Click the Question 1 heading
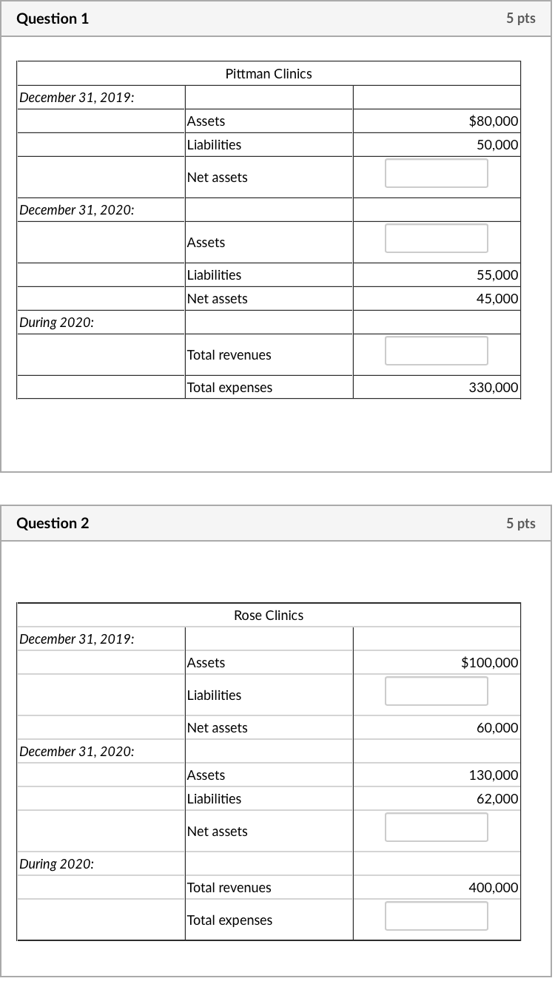point(53,19)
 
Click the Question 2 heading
point(53,524)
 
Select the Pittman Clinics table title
point(269,74)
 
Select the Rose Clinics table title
point(269,616)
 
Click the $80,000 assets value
point(494,121)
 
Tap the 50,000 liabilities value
point(497,145)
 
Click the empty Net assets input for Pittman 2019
point(437,173)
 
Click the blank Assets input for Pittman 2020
point(437,238)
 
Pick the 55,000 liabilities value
point(497,275)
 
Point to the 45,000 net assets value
point(497,299)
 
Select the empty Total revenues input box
point(437,351)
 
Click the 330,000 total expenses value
point(494,388)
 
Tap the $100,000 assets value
point(490,663)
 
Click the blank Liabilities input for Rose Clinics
point(437,691)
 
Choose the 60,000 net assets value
point(497,728)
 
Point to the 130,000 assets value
point(494,775)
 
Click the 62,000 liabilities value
point(497,799)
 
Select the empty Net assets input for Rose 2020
point(437,827)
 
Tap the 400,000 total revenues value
point(494,888)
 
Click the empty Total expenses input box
point(437,916)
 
